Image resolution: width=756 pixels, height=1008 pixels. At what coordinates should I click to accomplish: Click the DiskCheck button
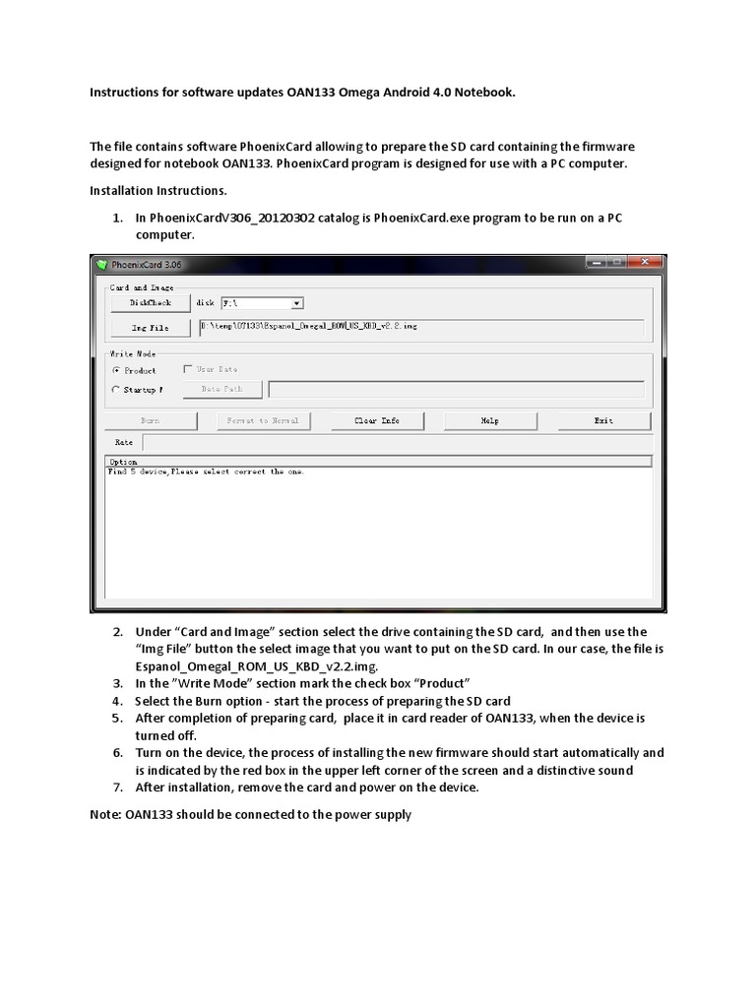pyautogui.click(x=151, y=303)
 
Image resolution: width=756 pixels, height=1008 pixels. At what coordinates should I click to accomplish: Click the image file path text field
pyautogui.click(x=420, y=327)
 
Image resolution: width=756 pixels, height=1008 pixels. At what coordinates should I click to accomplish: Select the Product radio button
pyautogui.click(x=116, y=371)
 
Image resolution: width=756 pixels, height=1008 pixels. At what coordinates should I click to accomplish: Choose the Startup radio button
pyautogui.click(x=116, y=390)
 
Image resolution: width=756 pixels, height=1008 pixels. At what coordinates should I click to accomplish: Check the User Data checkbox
pyautogui.click(x=188, y=370)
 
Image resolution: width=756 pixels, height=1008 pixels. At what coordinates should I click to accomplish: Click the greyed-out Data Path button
pyautogui.click(x=221, y=390)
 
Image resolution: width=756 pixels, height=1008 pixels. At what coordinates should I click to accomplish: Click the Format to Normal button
pyautogui.click(x=263, y=420)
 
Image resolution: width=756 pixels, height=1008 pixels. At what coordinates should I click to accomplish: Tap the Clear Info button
pyautogui.click(x=377, y=420)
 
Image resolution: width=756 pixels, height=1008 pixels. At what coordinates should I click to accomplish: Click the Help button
pyautogui.click(x=489, y=420)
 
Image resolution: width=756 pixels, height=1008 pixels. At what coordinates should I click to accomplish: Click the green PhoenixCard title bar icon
pyautogui.click(x=100, y=264)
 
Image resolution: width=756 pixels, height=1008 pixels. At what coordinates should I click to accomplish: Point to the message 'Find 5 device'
pyautogui.click(x=138, y=472)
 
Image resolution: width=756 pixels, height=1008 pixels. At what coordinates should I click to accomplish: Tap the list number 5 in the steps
pyautogui.click(x=116, y=719)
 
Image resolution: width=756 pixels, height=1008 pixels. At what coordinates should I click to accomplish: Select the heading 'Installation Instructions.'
pyautogui.click(x=157, y=190)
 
